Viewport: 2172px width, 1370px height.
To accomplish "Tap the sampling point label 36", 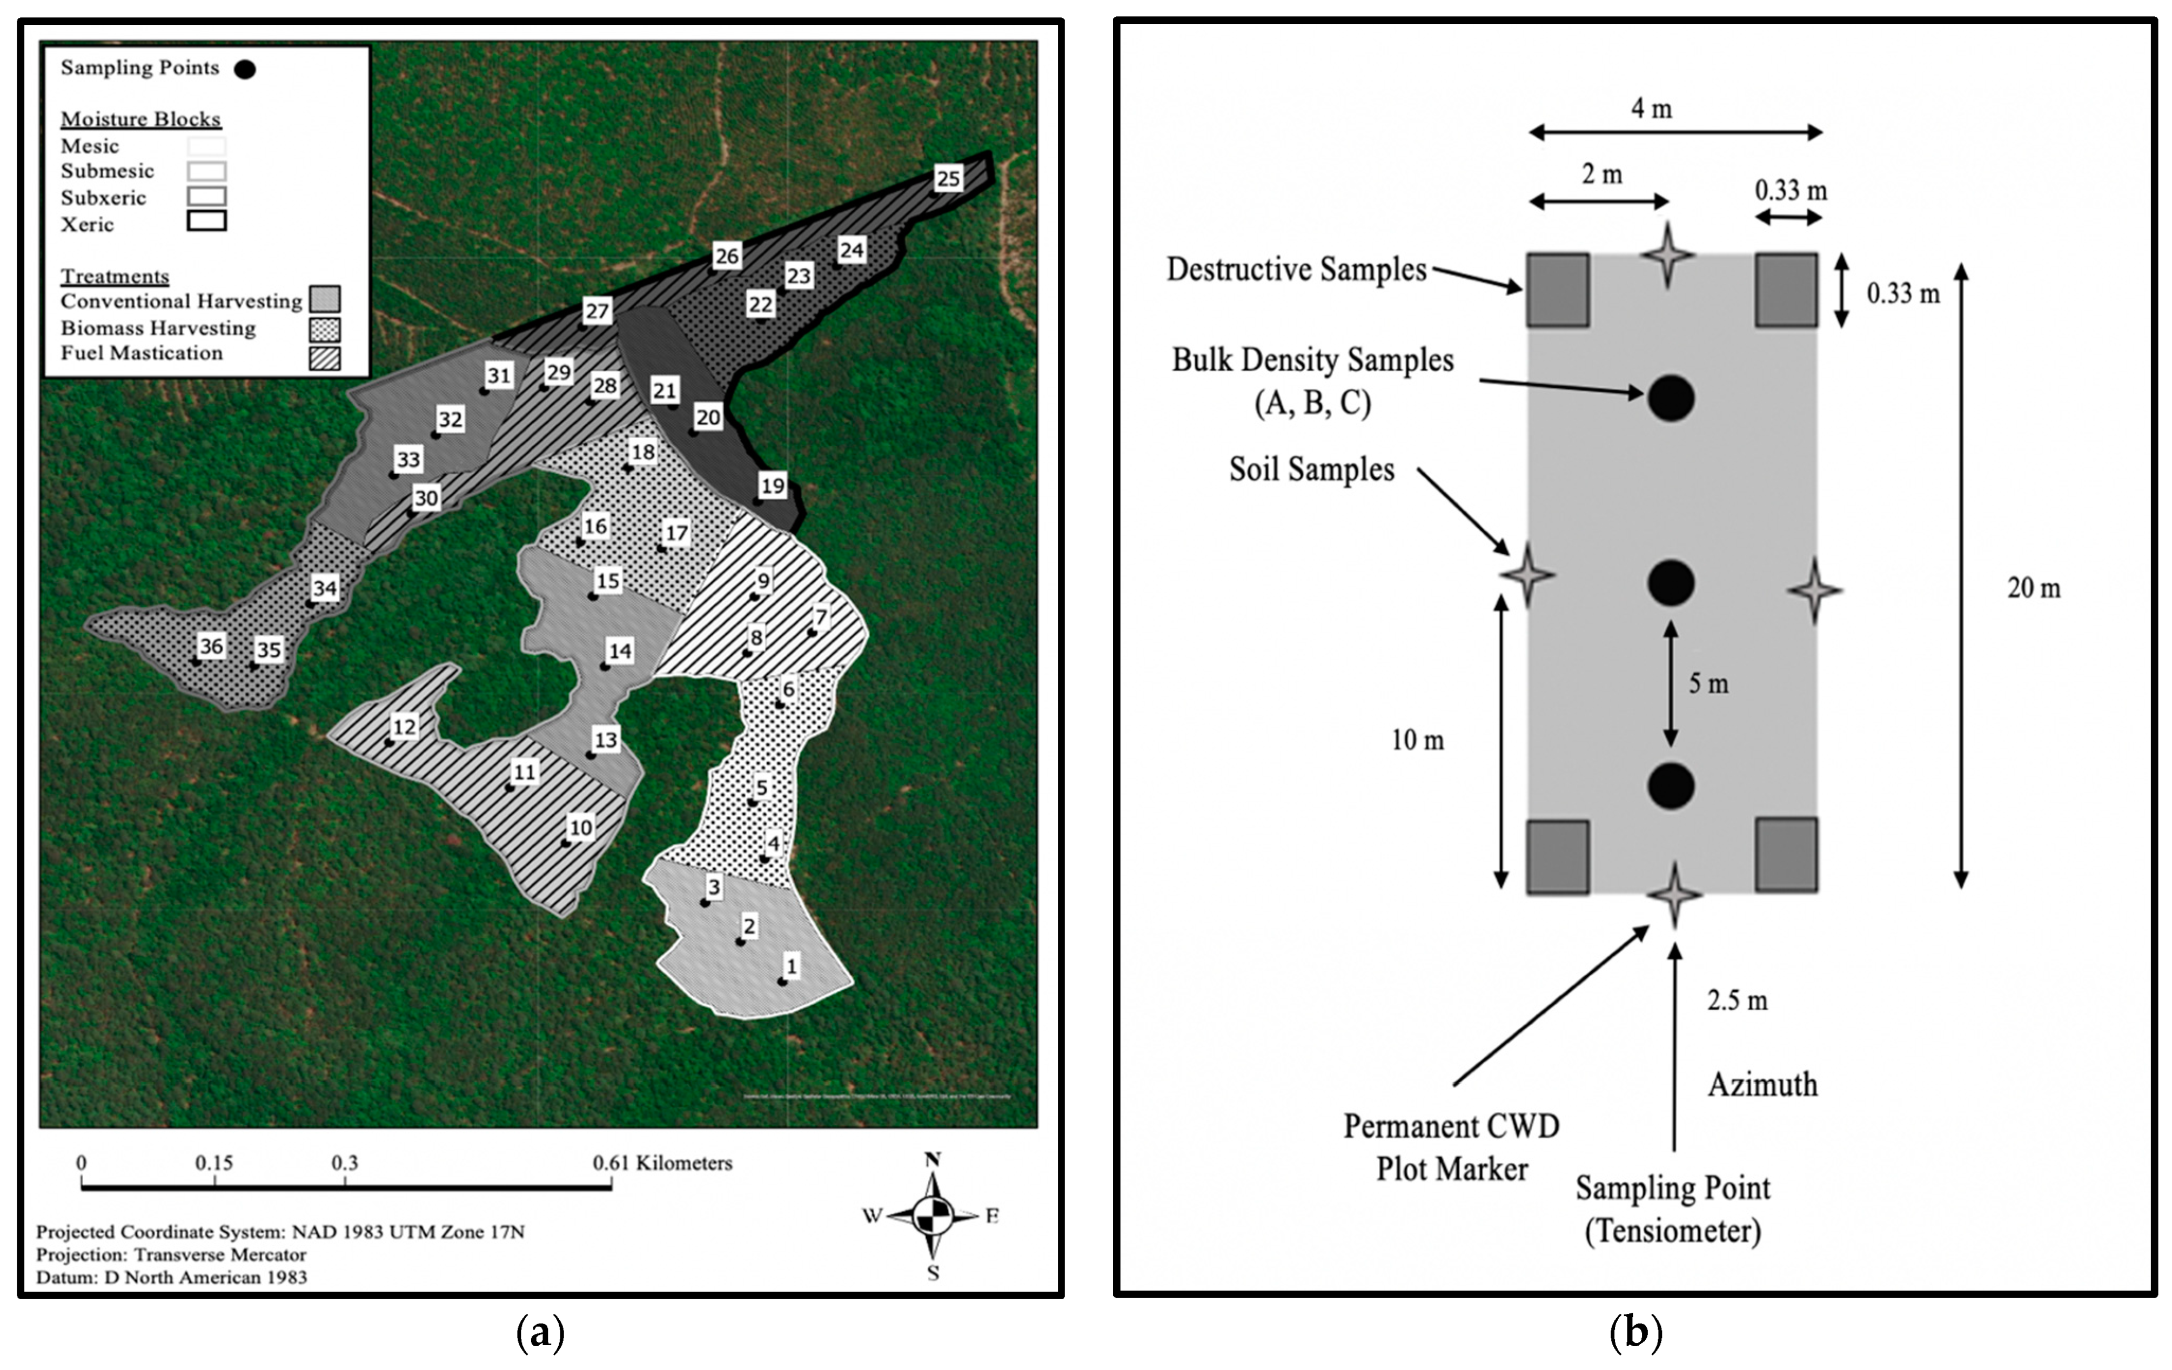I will [211, 646].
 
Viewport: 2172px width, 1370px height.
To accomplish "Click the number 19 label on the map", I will [772, 485].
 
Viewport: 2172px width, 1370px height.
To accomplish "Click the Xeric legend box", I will [206, 221].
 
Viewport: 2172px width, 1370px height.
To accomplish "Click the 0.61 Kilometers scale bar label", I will [662, 1163].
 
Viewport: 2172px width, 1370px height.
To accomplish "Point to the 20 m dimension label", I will [2033, 588].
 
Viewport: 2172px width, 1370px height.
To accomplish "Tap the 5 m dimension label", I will [1708, 683].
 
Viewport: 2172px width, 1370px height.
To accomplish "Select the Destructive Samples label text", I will [1296, 269].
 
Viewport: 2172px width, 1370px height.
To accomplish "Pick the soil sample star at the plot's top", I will [1667, 255].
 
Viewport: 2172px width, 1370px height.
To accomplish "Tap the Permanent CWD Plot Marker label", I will [1451, 1147].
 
